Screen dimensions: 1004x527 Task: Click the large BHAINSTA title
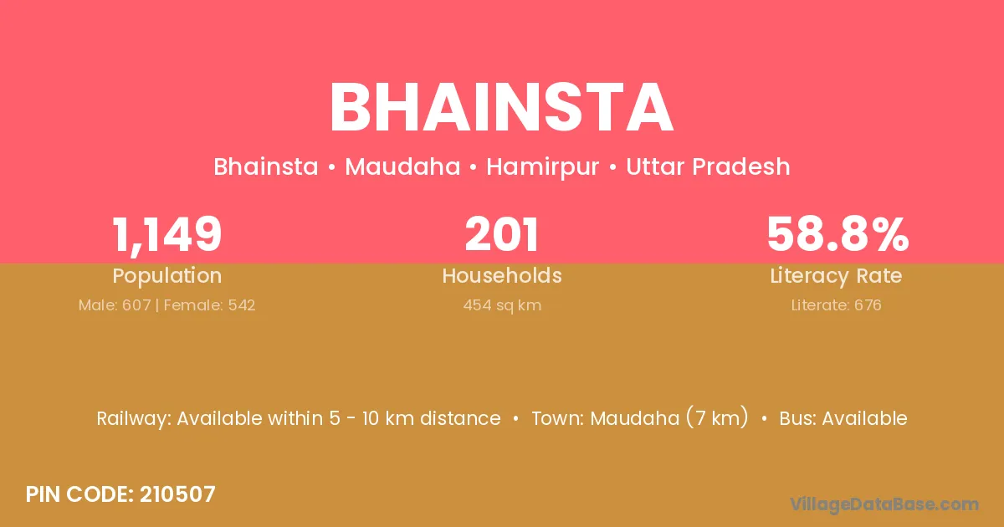(501, 108)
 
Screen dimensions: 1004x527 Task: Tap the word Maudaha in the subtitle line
(402, 166)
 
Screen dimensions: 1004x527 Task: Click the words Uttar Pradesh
(708, 166)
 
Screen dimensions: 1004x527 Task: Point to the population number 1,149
(166, 235)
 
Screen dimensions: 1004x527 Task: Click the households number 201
(502, 234)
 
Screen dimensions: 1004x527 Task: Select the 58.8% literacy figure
(838, 234)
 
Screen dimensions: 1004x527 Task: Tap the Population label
(166, 276)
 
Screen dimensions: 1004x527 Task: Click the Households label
(502, 275)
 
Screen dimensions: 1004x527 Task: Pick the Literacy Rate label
(836, 276)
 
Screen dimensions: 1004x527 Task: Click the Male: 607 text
(115, 305)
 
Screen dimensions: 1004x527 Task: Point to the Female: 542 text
(209, 305)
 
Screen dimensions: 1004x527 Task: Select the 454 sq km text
(502, 305)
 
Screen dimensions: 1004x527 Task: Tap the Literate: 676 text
(837, 305)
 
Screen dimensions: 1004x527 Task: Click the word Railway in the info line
(133, 419)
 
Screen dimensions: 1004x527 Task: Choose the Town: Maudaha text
(606, 418)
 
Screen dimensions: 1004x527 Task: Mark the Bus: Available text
(843, 418)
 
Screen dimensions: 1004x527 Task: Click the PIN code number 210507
(177, 494)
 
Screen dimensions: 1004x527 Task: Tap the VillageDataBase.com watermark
(884, 505)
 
